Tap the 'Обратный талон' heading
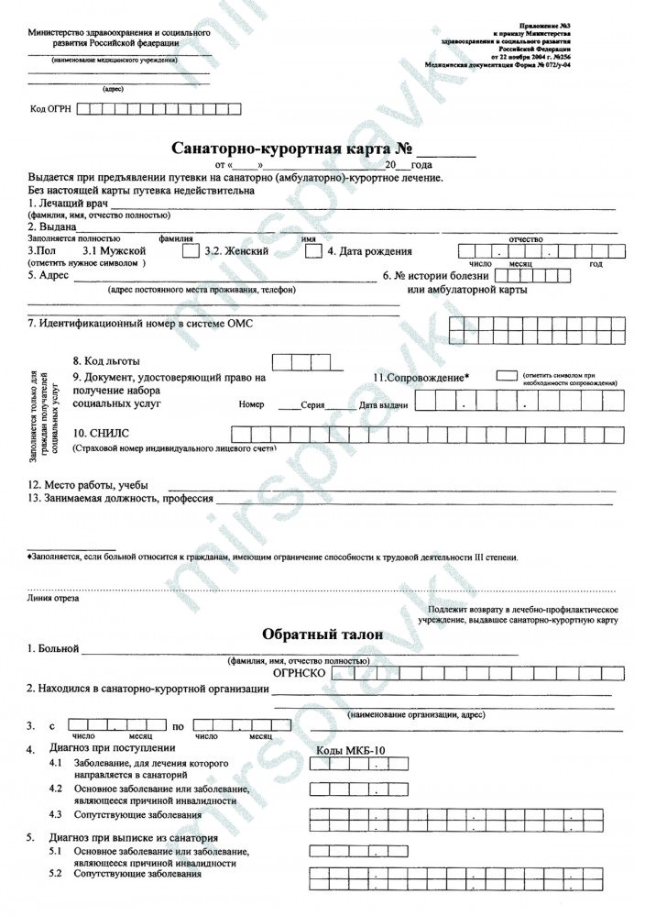coord(322,635)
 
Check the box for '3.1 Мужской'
coord(190,250)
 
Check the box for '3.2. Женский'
coord(312,250)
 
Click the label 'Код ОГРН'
coord(50,110)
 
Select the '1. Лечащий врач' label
coord(69,204)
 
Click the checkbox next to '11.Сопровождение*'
coord(506,376)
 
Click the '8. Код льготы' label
coord(106,361)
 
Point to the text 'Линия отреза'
coord(53,599)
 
